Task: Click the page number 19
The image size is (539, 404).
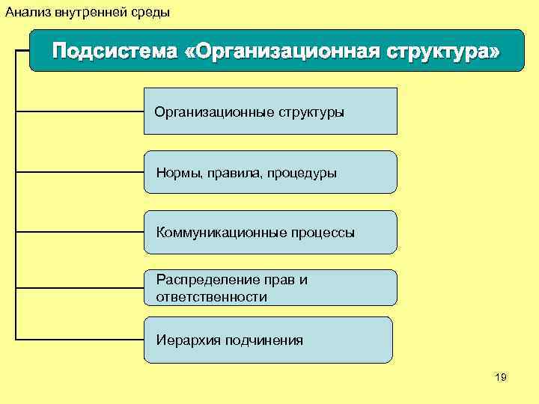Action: coord(501,378)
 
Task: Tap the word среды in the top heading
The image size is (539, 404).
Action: coord(152,12)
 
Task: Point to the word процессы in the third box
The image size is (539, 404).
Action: coord(323,233)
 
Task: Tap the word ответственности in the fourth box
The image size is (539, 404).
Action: coord(211,297)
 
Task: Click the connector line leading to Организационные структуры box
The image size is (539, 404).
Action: coord(79,111)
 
